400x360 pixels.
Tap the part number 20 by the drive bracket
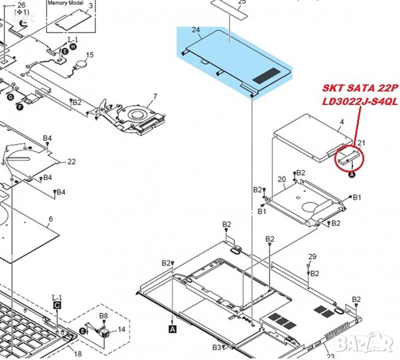point(281,179)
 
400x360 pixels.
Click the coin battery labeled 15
point(81,64)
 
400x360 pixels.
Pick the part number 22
point(71,161)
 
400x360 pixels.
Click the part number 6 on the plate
point(50,219)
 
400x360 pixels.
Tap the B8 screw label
point(103,316)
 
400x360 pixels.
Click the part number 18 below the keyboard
point(77,355)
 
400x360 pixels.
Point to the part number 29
point(311,257)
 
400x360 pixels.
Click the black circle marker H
point(73,46)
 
